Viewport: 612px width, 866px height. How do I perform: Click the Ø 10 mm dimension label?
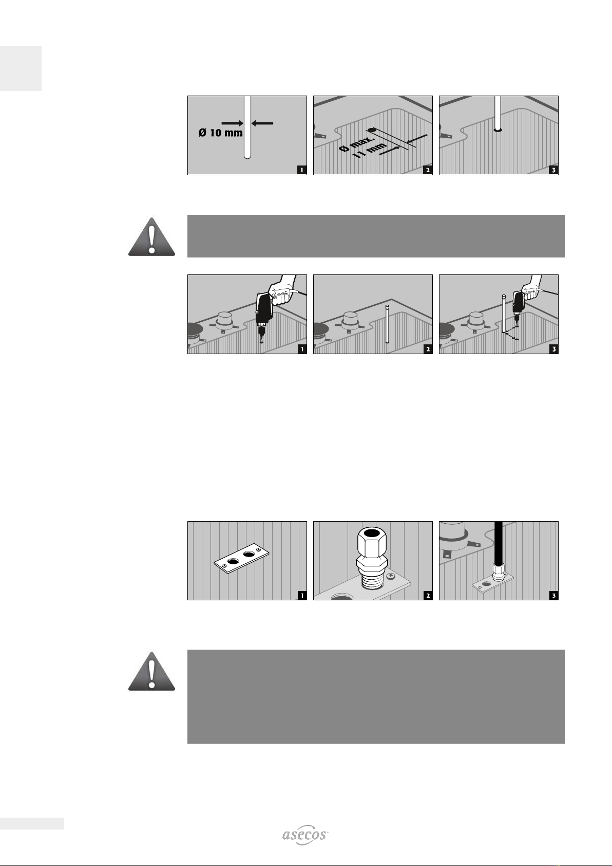click(x=220, y=133)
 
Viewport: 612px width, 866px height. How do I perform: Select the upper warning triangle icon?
click(x=152, y=236)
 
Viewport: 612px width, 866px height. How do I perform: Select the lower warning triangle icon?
click(x=152, y=671)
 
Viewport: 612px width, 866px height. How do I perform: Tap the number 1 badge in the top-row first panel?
click(x=302, y=170)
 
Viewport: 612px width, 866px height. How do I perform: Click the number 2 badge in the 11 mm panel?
click(x=428, y=170)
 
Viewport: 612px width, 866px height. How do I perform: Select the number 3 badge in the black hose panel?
click(x=553, y=595)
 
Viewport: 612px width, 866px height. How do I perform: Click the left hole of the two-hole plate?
click(x=233, y=561)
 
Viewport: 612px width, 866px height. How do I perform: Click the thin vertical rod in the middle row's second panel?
click(x=387, y=324)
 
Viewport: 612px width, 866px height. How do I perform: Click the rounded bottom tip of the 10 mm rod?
click(x=247, y=156)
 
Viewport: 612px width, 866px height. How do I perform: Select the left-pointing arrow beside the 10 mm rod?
click(x=262, y=123)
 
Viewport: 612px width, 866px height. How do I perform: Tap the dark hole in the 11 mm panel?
click(x=372, y=130)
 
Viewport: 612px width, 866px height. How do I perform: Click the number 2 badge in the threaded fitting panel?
click(x=428, y=595)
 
